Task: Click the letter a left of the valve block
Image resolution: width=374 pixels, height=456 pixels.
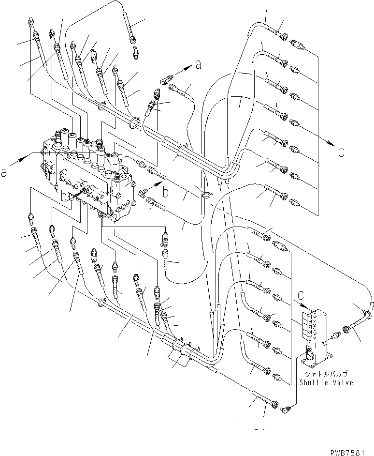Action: [x=4, y=172]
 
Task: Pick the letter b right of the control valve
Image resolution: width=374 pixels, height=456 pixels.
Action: [x=165, y=193]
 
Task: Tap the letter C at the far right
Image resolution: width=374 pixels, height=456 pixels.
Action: [x=341, y=153]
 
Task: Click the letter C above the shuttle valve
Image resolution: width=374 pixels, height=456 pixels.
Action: [x=301, y=294]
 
